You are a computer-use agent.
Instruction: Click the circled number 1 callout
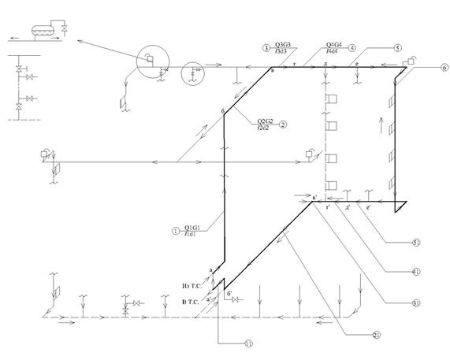click(x=176, y=231)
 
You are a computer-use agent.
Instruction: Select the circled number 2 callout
click(x=282, y=124)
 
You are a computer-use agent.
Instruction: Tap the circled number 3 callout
click(x=266, y=47)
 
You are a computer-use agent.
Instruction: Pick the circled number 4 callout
click(x=352, y=47)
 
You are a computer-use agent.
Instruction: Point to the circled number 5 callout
click(x=399, y=47)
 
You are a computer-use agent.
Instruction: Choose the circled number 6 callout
click(x=444, y=69)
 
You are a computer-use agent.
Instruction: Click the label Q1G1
click(x=192, y=228)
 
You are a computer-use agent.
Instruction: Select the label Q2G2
click(x=263, y=121)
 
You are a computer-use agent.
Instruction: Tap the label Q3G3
click(x=283, y=45)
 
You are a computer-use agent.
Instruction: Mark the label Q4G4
click(x=334, y=45)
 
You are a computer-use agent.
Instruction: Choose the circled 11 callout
click(x=248, y=343)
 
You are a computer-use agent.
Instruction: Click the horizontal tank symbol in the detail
click(x=39, y=28)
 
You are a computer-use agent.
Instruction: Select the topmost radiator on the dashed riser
click(x=332, y=98)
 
